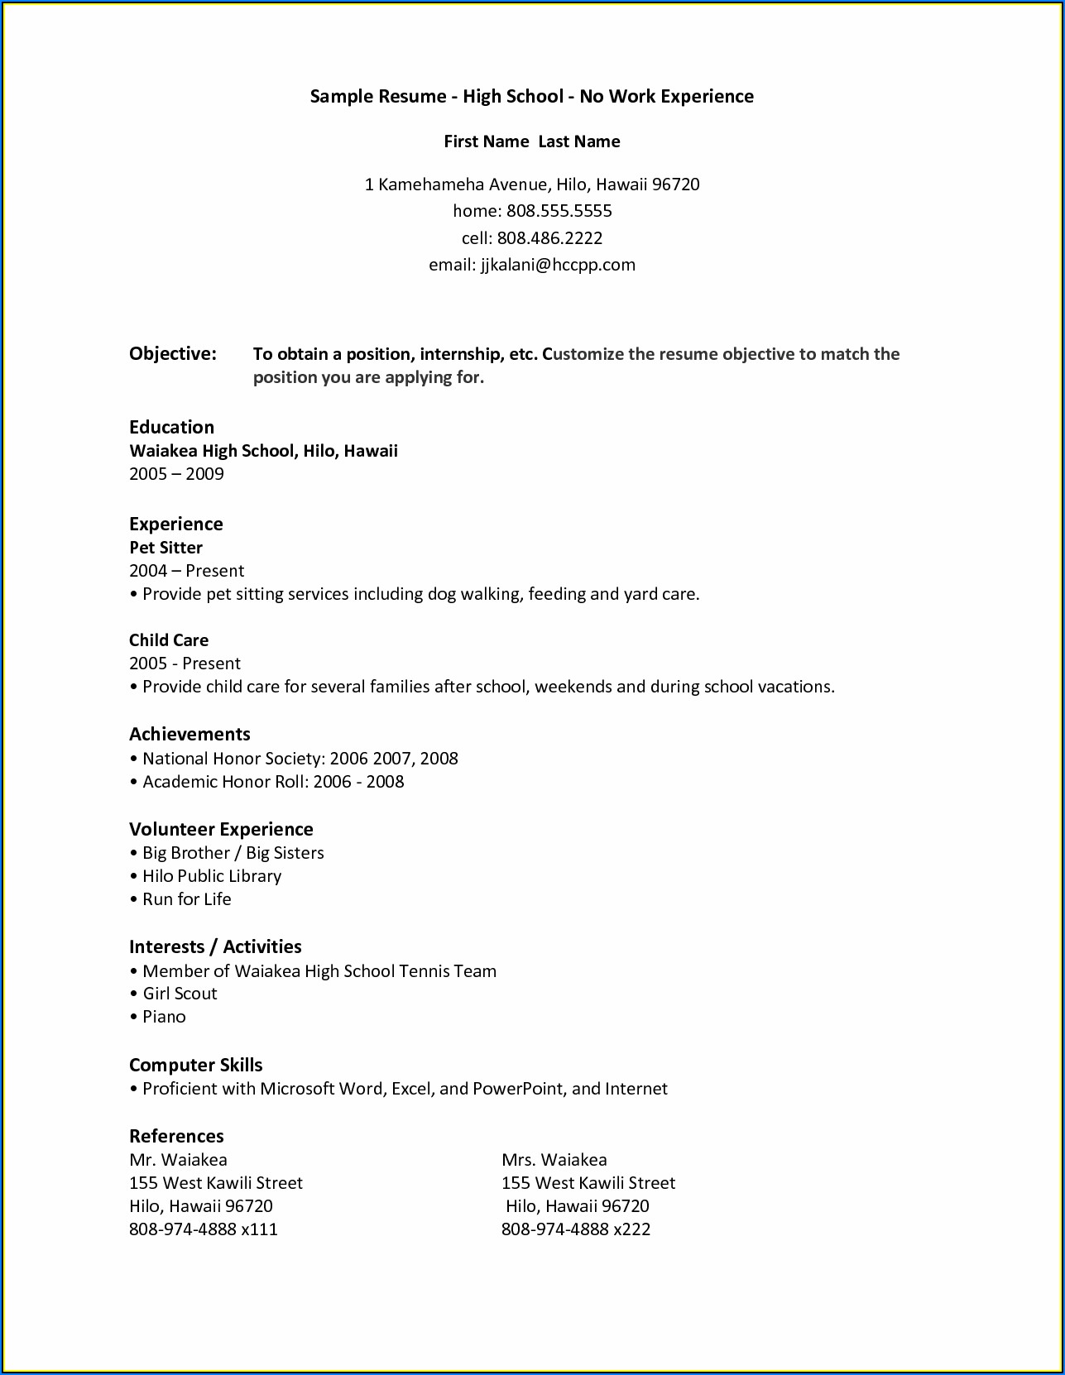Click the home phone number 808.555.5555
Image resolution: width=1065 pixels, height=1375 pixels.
pos(559,211)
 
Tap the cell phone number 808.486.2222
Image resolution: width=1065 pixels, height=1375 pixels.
pos(549,238)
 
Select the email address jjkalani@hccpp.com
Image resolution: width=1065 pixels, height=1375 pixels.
pos(558,265)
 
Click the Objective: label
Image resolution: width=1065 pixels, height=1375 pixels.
pos(172,354)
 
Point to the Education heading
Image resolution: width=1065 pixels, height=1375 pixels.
pos(171,427)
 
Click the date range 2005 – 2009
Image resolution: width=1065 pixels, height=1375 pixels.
pos(176,474)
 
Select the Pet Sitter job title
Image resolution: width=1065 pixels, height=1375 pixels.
pos(166,548)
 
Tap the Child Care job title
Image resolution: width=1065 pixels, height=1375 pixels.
pos(169,640)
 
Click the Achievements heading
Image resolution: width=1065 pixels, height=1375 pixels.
pos(189,734)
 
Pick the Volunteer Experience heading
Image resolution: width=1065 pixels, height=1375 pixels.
pos(221,829)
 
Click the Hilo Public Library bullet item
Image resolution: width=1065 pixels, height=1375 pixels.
pos(212,876)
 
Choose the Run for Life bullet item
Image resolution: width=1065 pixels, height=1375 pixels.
pos(187,899)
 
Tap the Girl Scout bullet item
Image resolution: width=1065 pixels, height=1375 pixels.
pos(180,994)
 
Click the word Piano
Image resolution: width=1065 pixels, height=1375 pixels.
pos(164,1017)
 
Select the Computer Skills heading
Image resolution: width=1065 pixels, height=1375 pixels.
pos(195,1065)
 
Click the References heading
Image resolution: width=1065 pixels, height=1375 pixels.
pos(176,1136)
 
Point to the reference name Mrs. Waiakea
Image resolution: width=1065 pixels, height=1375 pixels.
pos(554,1160)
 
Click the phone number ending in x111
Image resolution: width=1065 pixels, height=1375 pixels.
pos(204,1229)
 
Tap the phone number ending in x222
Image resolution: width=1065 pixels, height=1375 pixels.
pos(576,1229)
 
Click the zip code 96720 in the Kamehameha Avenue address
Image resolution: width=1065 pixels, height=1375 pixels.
pos(675,184)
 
